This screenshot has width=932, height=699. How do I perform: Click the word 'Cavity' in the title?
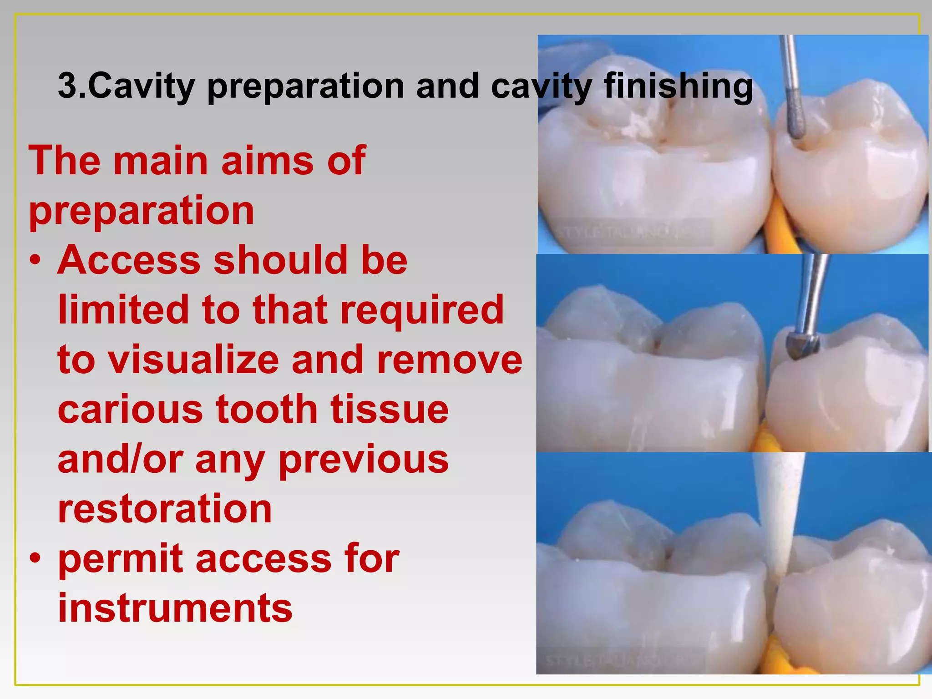(x=142, y=86)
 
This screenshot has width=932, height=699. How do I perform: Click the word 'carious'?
(x=130, y=409)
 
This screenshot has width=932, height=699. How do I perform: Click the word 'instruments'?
(x=175, y=608)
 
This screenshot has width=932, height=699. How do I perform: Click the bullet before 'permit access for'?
(x=35, y=557)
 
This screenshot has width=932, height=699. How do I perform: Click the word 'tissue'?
(x=390, y=409)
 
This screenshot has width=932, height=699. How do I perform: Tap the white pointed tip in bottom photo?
(x=779, y=564)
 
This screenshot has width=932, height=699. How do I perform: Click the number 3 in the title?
(x=67, y=86)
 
